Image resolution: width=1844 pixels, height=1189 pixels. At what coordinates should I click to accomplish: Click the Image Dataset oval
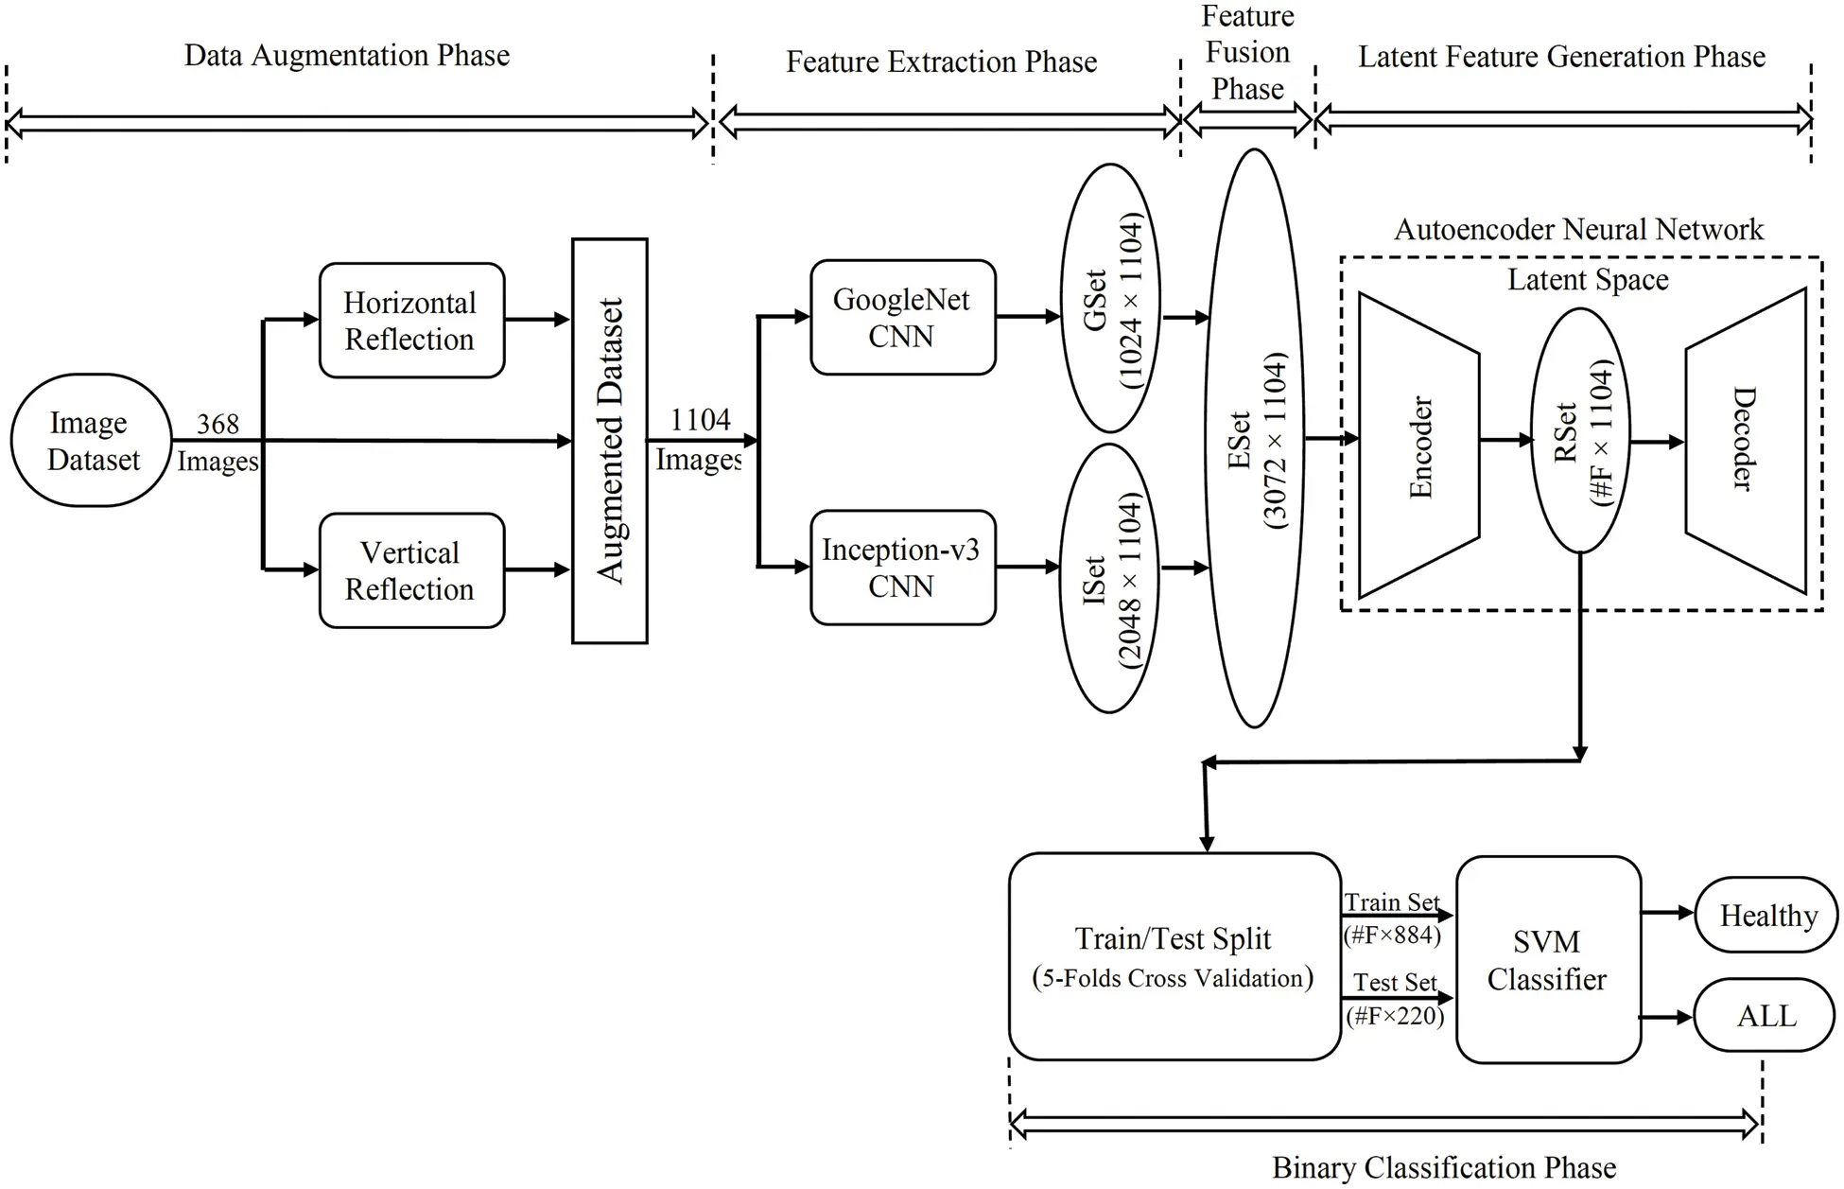91,441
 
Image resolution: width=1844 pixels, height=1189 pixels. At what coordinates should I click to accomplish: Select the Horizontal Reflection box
411,321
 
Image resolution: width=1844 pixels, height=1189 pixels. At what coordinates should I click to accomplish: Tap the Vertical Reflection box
411,570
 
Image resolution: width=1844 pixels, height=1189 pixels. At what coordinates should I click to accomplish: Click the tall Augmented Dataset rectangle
610,441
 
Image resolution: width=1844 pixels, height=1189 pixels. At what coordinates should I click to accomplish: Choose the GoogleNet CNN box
902,318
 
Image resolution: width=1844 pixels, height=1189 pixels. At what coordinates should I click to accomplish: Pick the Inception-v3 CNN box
902,568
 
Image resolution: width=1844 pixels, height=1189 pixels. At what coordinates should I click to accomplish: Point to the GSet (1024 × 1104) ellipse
1110,298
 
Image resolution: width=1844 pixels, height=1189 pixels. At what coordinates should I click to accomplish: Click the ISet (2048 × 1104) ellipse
1110,578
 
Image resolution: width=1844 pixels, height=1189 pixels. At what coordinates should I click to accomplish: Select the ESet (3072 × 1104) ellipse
1254,439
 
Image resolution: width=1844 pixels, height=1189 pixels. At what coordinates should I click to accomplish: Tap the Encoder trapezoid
1418,446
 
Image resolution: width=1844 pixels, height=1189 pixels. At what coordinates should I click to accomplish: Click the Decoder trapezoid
1746,441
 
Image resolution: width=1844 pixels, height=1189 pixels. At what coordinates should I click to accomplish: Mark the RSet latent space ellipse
1580,431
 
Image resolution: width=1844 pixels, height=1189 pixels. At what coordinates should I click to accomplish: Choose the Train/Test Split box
1174,956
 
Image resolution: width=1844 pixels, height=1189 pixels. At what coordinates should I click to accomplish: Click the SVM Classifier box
1547,960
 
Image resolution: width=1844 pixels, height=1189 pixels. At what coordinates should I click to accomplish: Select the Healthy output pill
1766,915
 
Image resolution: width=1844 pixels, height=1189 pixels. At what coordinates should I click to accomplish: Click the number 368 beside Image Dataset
217,424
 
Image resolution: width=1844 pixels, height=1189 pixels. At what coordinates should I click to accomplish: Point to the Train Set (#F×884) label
1392,918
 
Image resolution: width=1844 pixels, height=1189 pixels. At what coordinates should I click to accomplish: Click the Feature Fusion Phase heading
1247,53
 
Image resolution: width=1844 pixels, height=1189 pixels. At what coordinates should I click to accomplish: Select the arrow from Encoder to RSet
1505,440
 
